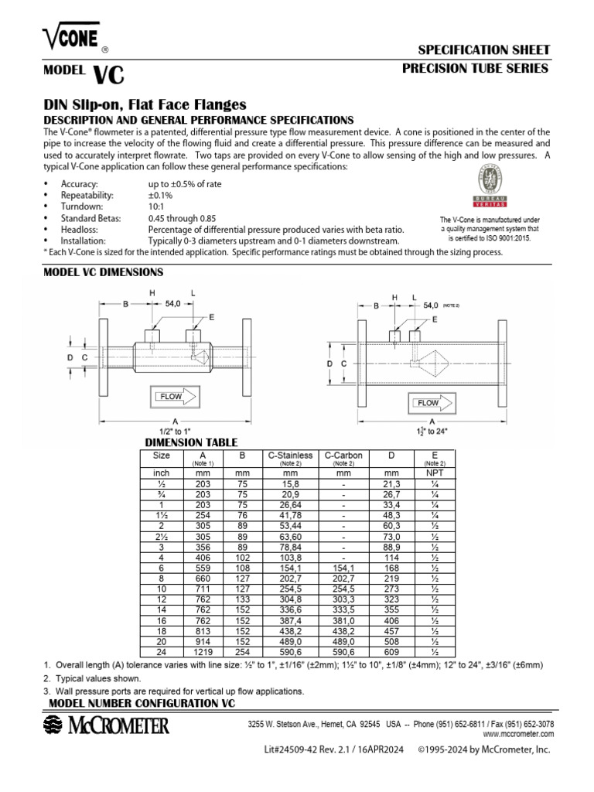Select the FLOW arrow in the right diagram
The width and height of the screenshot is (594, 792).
click(x=432, y=403)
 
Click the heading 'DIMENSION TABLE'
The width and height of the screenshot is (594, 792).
click(x=192, y=442)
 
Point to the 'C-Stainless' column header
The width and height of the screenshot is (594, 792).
click(x=290, y=456)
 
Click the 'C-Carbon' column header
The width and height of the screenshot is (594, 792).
click(x=343, y=456)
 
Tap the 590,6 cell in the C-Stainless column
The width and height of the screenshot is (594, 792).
click(x=290, y=651)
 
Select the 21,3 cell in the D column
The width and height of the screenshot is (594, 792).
click(x=391, y=483)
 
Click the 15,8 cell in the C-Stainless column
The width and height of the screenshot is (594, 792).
click(x=290, y=483)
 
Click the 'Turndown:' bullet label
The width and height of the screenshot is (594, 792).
click(x=82, y=207)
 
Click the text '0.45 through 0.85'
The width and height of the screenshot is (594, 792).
click(x=183, y=219)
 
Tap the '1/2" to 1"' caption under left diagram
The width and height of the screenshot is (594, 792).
click(x=176, y=431)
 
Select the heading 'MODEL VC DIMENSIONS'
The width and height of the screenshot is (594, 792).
click(x=103, y=272)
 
